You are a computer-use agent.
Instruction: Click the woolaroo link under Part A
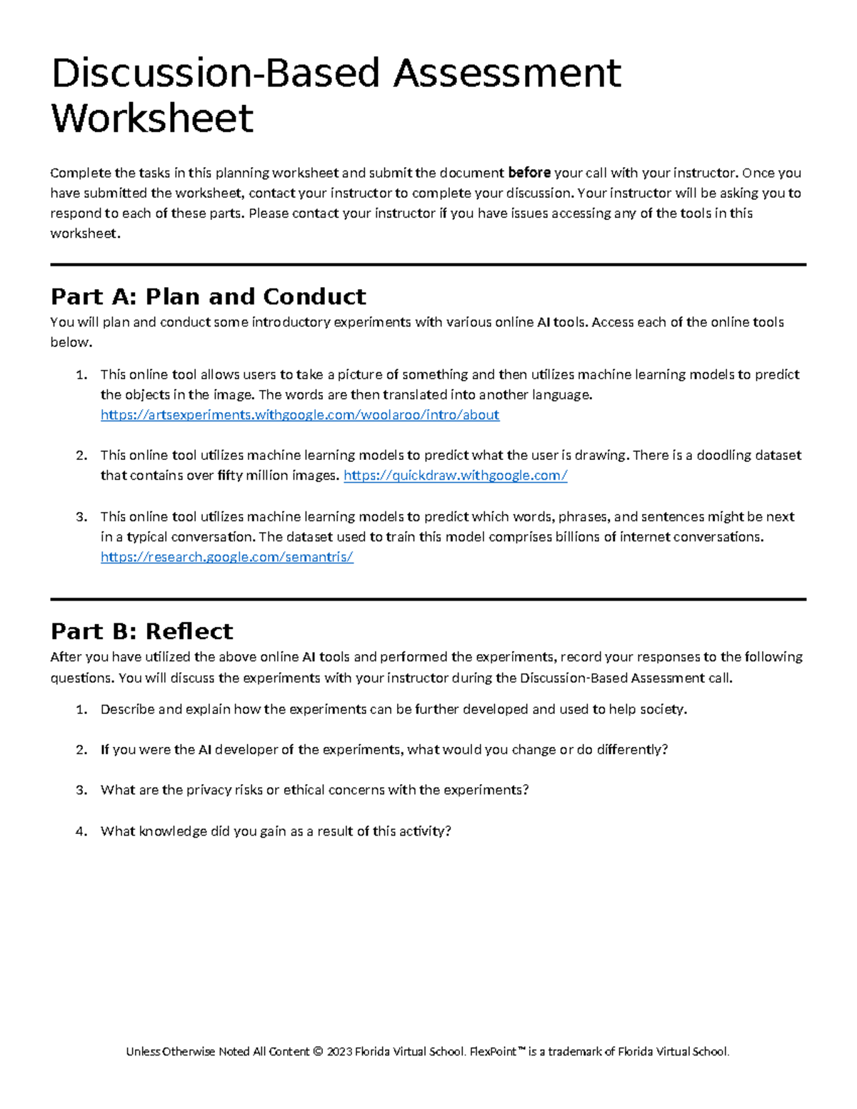coord(300,415)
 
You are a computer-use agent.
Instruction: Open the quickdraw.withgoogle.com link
coord(455,476)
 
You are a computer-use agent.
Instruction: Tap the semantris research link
coord(227,557)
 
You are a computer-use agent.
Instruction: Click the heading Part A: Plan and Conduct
coord(208,296)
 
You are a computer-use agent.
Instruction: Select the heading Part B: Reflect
coord(141,631)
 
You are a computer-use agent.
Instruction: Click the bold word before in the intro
coord(528,173)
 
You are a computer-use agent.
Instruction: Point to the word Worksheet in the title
coord(153,119)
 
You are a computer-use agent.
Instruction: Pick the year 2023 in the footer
coord(339,1052)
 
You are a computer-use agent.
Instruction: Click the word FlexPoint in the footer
coord(493,1052)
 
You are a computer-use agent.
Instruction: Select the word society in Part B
coord(661,710)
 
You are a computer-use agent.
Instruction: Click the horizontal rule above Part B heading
coord(428,599)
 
